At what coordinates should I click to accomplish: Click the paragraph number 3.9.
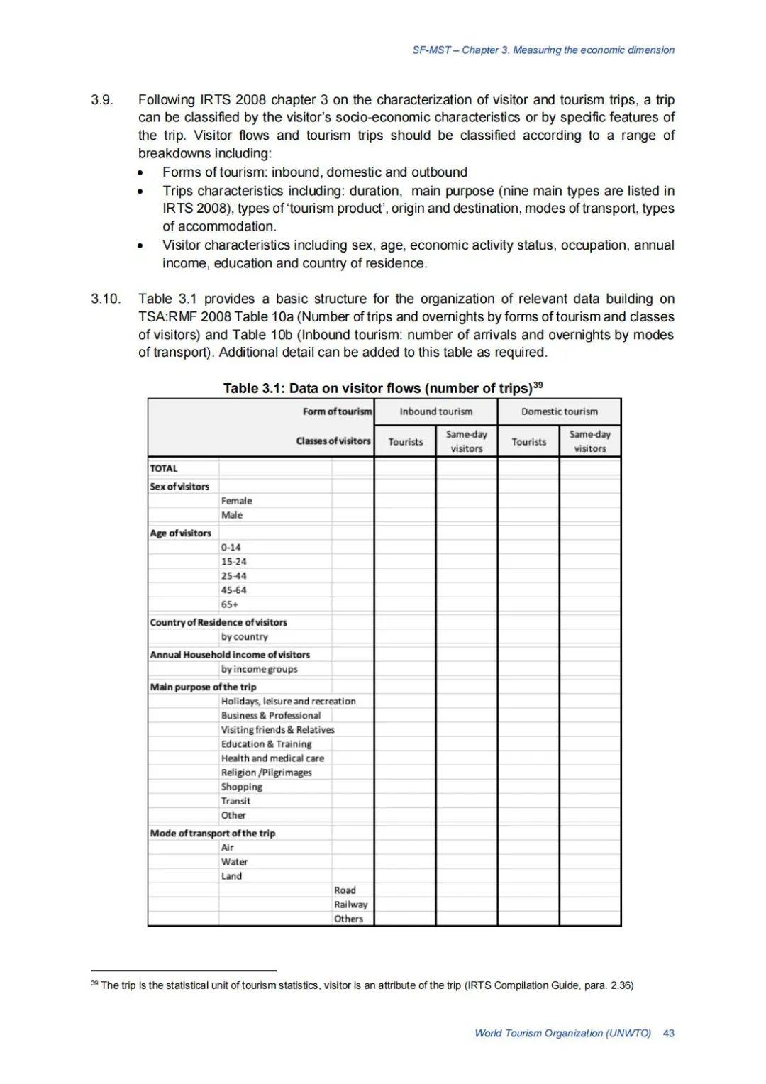pyautogui.click(x=102, y=100)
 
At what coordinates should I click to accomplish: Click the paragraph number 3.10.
pyautogui.click(x=106, y=299)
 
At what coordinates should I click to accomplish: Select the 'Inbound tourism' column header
pyautogui.click(x=435, y=411)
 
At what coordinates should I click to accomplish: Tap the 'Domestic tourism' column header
pyautogui.click(x=559, y=411)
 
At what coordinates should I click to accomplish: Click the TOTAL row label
pyautogui.click(x=164, y=468)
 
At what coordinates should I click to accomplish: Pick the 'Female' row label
pyautogui.click(x=236, y=501)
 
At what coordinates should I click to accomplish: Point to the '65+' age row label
pyautogui.click(x=230, y=604)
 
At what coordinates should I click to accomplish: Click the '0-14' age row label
pyautogui.click(x=231, y=548)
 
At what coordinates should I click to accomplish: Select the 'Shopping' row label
pyautogui.click(x=241, y=787)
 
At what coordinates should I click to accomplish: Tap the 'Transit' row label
pyautogui.click(x=235, y=801)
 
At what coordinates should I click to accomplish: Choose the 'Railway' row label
pyautogui.click(x=350, y=905)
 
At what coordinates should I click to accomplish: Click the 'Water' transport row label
pyautogui.click(x=234, y=862)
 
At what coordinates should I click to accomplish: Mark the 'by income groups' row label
pyautogui.click(x=259, y=669)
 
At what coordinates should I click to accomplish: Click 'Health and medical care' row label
pyautogui.click(x=272, y=758)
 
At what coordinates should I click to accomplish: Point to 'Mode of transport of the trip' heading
pyautogui.click(x=212, y=833)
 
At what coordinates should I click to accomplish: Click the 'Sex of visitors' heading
pyautogui.click(x=179, y=487)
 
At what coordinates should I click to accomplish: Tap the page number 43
pyautogui.click(x=668, y=1033)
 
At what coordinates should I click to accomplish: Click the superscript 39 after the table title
pyautogui.click(x=538, y=385)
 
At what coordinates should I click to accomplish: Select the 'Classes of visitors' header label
pyautogui.click(x=333, y=441)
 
